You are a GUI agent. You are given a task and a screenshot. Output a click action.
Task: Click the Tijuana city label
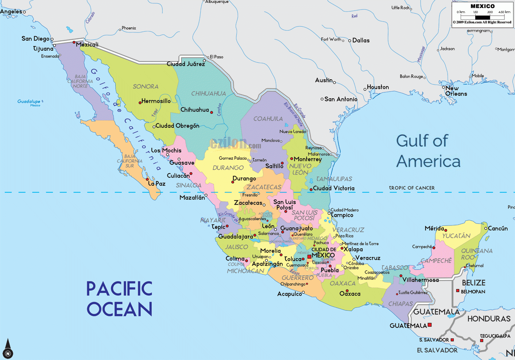coord(43,49)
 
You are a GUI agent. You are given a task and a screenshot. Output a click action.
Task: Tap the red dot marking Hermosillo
coord(140,103)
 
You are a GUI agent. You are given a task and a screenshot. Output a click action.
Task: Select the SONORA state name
coord(146,86)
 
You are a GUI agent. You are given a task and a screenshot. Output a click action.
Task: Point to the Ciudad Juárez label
coord(186,64)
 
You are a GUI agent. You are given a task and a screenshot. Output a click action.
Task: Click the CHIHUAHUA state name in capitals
coord(209,94)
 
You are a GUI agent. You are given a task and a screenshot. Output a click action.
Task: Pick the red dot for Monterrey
coord(292,159)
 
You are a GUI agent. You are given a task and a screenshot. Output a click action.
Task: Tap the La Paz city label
coord(157,184)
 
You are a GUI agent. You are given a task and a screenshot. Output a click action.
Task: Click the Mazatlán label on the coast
coord(192,198)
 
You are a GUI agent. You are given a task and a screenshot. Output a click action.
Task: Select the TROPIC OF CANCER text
coord(412,188)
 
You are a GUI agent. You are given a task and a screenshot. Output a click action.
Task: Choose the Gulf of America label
coord(428,151)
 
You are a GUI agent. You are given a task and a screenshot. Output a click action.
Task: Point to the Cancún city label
coord(497,228)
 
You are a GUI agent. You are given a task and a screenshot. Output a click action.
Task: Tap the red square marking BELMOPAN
coord(458,291)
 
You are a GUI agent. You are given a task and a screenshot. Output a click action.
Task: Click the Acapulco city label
coord(290,294)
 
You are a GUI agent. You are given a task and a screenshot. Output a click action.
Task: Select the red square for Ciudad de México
coord(309,257)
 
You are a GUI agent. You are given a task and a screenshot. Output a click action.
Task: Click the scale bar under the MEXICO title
coord(482,17)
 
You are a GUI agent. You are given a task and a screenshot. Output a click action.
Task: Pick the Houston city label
coord(378,87)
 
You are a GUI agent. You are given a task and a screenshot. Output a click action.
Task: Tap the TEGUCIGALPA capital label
coord(495,336)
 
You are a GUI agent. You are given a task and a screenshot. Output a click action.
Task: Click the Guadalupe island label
coord(29,101)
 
